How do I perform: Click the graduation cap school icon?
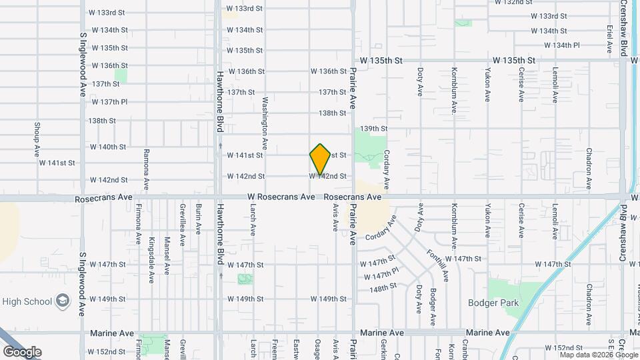click(x=63, y=301)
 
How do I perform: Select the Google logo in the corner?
click(x=22, y=351)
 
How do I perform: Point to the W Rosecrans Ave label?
click(x=281, y=197)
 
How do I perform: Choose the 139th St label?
click(x=373, y=128)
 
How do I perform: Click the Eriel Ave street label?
click(x=609, y=40)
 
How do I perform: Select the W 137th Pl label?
click(x=109, y=102)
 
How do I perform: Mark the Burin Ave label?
click(x=198, y=219)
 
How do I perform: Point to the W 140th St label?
click(x=109, y=147)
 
